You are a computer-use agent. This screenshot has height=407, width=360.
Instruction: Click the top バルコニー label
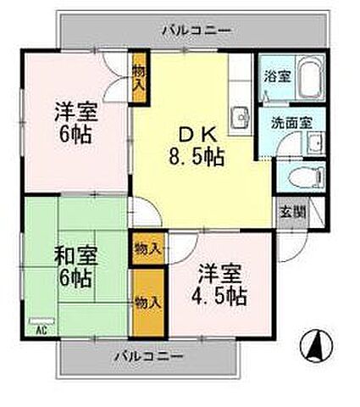[x=196, y=31]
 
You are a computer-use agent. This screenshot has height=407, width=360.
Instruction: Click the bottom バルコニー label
[x=148, y=356]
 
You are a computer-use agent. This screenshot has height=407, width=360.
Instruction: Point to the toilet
[x=302, y=176]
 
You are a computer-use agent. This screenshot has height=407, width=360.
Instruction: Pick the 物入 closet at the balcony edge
[x=146, y=301]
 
